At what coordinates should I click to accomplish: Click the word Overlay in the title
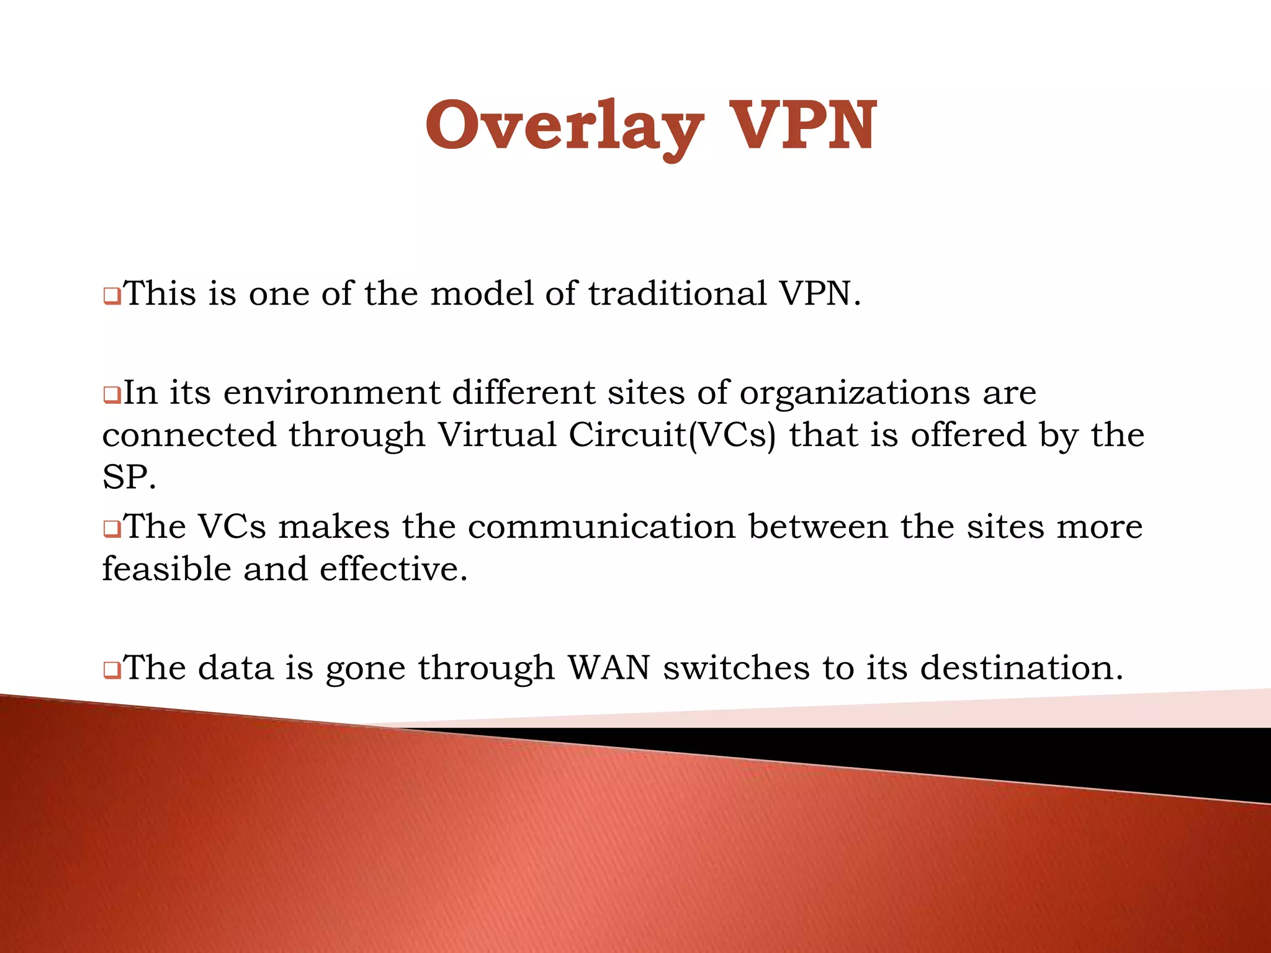(x=564, y=127)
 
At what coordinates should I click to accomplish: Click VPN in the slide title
(x=802, y=127)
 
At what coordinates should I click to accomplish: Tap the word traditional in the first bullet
(x=677, y=293)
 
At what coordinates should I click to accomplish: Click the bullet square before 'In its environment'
(x=112, y=395)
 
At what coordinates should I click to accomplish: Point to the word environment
(x=332, y=393)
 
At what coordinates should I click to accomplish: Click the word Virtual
(x=497, y=434)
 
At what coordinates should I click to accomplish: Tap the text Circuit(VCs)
(x=672, y=435)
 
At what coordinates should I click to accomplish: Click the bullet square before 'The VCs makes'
(x=112, y=529)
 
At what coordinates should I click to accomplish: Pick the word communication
(x=601, y=527)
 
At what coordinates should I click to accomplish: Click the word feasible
(x=167, y=569)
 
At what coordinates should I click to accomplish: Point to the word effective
(x=393, y=569)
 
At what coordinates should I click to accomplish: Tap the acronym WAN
(x=609, y=668)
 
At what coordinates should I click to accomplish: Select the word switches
(x=737, y=668)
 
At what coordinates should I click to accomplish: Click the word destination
(x=1021, y=668)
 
